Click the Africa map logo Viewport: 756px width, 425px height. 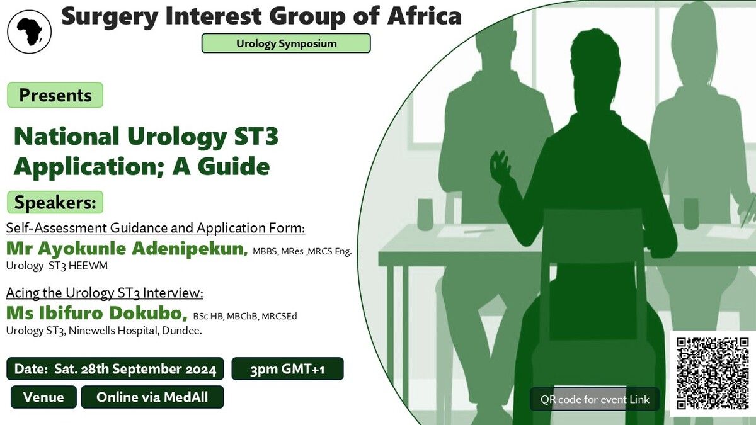[x=30, y=31]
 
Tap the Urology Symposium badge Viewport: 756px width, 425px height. [x=286, y=43]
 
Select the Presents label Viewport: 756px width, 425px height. [x=55, y=95]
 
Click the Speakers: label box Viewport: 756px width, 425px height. [x=55, y=202]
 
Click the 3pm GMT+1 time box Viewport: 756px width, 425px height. [x=287, y=369]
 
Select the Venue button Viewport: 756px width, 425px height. [x=43, y=397]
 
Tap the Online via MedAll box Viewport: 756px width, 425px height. [x=152, y=397]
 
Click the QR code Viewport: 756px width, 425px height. [x=713, y=373]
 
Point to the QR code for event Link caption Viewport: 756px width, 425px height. [x=595, y=399]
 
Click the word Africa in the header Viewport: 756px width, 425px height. [x=424, y=16]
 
